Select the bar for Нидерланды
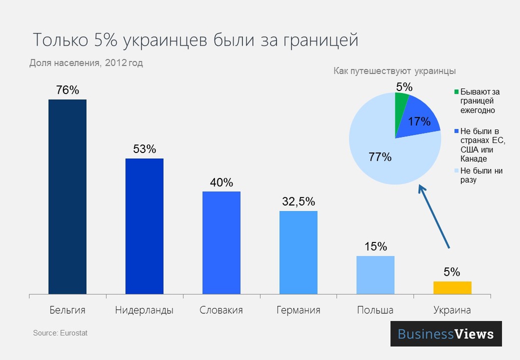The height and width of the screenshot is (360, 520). pyautogui.click(x=144, y=226)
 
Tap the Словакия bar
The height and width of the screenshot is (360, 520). pyautogui.click(x=221, y=243)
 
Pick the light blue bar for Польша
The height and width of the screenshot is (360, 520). pyautogui.click(x=375, y=275)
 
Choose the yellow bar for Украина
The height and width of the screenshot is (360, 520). pyautogui.click(x=452, y=288)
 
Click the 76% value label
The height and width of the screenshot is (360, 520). pyautogui.click(x=67, y=90)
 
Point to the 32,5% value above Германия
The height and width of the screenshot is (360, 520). pyautogui.click(x=298, y=202)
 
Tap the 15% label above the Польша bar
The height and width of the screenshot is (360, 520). pyautogui.click(x=375, y=247)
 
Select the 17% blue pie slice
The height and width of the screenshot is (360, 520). pyautogui.click(x=419, y=123)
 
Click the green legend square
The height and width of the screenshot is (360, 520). pyautogui.click(x=457, y=92)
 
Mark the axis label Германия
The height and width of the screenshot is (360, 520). pyautogui.click(x=298, y=310)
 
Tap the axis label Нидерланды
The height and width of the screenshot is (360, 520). pyautogui.click(x=144, y=310)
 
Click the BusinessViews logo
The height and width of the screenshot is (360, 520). pyautogui.click(x=446, y=333)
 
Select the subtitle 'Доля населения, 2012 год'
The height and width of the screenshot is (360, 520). pyautogui.click(x=86, y=63)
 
